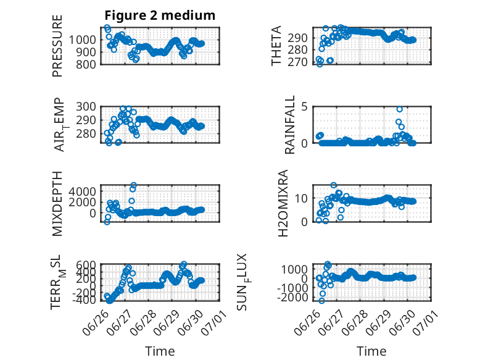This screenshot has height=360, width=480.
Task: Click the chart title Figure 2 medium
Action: tap(160, 15)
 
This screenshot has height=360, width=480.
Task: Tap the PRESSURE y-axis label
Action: tap(57, 46)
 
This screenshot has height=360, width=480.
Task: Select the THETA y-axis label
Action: tap(276, 46)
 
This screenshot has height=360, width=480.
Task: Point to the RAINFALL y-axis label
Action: tap(289, 125)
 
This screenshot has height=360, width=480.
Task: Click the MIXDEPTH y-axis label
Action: tap(57, 203)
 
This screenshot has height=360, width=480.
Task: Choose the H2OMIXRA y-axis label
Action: tap(283, 203)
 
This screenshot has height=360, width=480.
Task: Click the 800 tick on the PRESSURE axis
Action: tap(86, 64)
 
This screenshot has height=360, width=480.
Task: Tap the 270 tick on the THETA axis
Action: tap(297, 62)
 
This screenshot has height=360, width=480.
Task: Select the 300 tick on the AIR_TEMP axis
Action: tap(86, 107)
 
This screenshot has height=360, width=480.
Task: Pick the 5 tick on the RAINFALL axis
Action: tap(304, 107)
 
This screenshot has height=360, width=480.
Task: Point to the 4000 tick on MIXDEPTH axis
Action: tap(82, 191)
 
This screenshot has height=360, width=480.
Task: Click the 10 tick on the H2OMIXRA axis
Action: tap(301, 198)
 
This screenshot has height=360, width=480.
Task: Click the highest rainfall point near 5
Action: tap(399, 109)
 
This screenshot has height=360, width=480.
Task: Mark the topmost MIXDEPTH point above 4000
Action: tap(133, 185)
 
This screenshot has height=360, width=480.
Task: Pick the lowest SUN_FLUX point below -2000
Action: tap(321, 301)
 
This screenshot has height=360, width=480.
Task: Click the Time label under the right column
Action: tap(371, 351)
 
